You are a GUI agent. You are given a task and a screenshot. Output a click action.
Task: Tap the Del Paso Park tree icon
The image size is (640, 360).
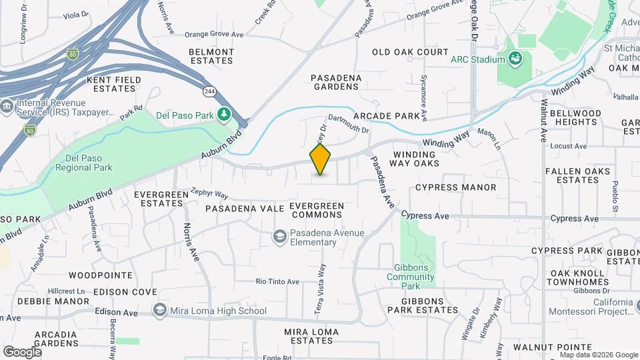(x=225, y=115)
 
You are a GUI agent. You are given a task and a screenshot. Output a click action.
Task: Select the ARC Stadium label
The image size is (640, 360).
(x=477, y=59)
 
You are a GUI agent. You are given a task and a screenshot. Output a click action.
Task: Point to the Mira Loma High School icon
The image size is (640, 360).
(x=159, y=310)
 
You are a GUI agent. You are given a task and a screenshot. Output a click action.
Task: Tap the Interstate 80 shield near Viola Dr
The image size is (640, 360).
(x=73, y=52)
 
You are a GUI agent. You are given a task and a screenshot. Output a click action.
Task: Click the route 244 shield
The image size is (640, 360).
(x=209, y=90)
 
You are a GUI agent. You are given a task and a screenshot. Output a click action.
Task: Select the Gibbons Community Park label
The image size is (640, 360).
(x=410, y=277)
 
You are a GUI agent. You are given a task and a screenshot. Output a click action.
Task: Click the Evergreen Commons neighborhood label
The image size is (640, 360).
(x=317, y=211)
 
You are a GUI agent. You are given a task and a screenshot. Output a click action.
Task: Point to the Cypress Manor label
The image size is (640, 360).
(x=456, y=188)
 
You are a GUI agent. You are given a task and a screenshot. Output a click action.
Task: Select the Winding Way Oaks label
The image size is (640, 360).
(x=415, y=159)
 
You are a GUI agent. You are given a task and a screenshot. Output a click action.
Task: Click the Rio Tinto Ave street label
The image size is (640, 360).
(x=278, y=281)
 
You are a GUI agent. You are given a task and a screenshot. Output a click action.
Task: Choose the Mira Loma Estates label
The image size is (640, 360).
(x=308, y=336)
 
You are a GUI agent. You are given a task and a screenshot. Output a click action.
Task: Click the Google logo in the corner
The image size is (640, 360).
(x=22, y=351)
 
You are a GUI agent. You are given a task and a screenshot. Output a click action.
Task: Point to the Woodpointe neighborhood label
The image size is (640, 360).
(x=100, y=275)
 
